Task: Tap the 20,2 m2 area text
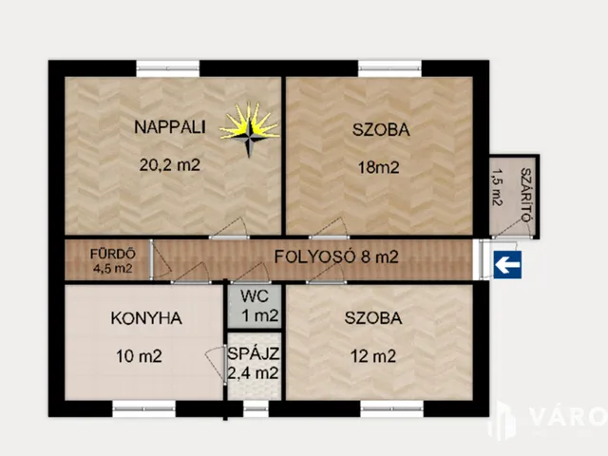(170, 164)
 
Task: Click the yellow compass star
(249, 126)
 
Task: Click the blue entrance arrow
(506, 265)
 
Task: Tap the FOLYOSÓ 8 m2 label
(336, 256)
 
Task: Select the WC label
(253, 294)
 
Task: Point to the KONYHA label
(145, 318)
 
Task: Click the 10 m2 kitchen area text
(138, 357)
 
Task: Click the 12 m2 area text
(372, 357)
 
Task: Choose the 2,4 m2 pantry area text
(253, 373)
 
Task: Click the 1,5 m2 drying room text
(497, 187)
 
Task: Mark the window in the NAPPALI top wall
(168, 67)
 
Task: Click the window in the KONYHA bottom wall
(144, 409)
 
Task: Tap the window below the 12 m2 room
(390, 409)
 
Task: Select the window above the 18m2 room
(389, 67)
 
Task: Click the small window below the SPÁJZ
(255, 409)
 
